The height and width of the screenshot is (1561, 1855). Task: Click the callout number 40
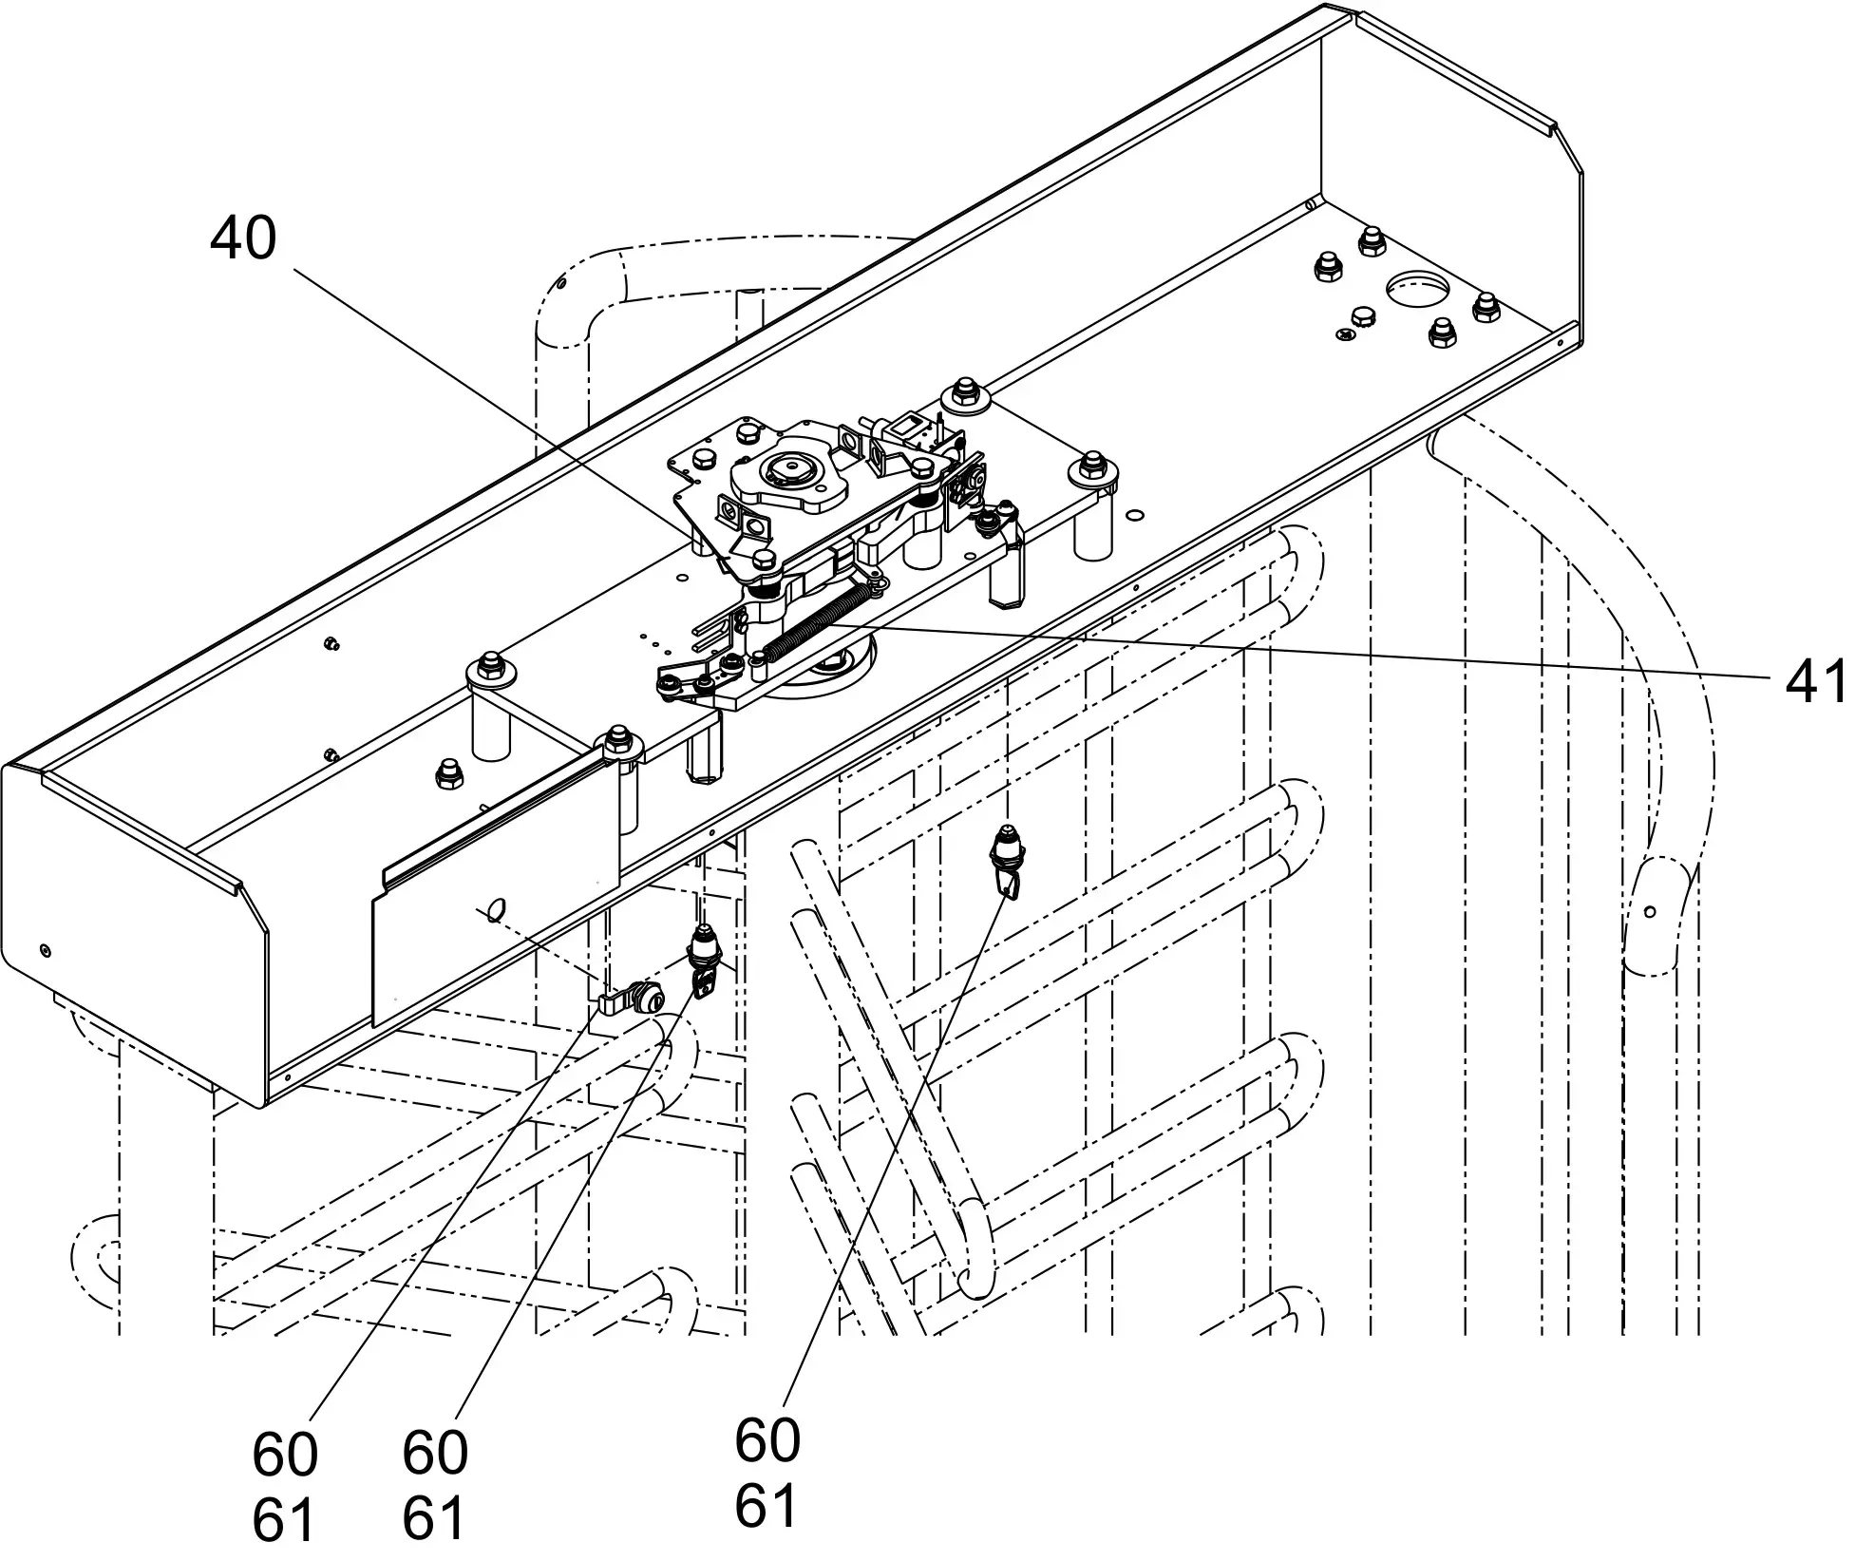[x=243, y=238]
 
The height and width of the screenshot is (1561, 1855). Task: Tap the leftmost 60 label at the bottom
[x=285, y=1454]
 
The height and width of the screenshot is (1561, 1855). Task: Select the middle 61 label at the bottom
[x=433, y=1518]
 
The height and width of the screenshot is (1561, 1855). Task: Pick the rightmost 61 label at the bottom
[x=766, y=1506]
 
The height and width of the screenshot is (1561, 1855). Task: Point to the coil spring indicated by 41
[x=817, y=618]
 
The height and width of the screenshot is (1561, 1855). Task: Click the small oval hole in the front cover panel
[x=494, y=909]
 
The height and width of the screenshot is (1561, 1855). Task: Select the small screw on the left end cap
[x=46, y=950]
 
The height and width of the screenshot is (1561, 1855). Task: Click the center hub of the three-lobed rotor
[x=786, y=468]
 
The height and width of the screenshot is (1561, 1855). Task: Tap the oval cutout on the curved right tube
[x=1650, y=913]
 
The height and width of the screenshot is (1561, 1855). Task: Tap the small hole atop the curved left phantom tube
[x=561, y=282]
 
